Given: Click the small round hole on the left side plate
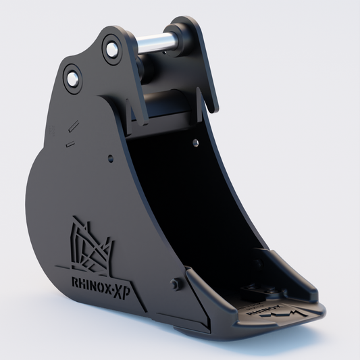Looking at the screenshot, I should pyautogui.click(x=110, y=159).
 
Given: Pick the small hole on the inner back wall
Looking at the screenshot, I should pyautogui.click(x=195, y=143).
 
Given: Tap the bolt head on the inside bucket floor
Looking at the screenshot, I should pyautogui.click(x=255, y=292).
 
